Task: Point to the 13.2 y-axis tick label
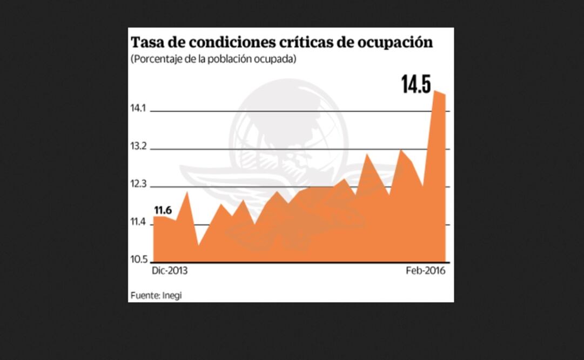[x=138, y=146]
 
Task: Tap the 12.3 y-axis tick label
[x=138, y=184]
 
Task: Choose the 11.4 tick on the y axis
[x=138, y=222]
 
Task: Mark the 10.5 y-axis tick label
[x=138, y=260]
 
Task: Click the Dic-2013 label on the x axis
[x=170, y=271]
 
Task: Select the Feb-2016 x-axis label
[x=426, y=271]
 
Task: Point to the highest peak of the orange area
[x=435, y=91]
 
